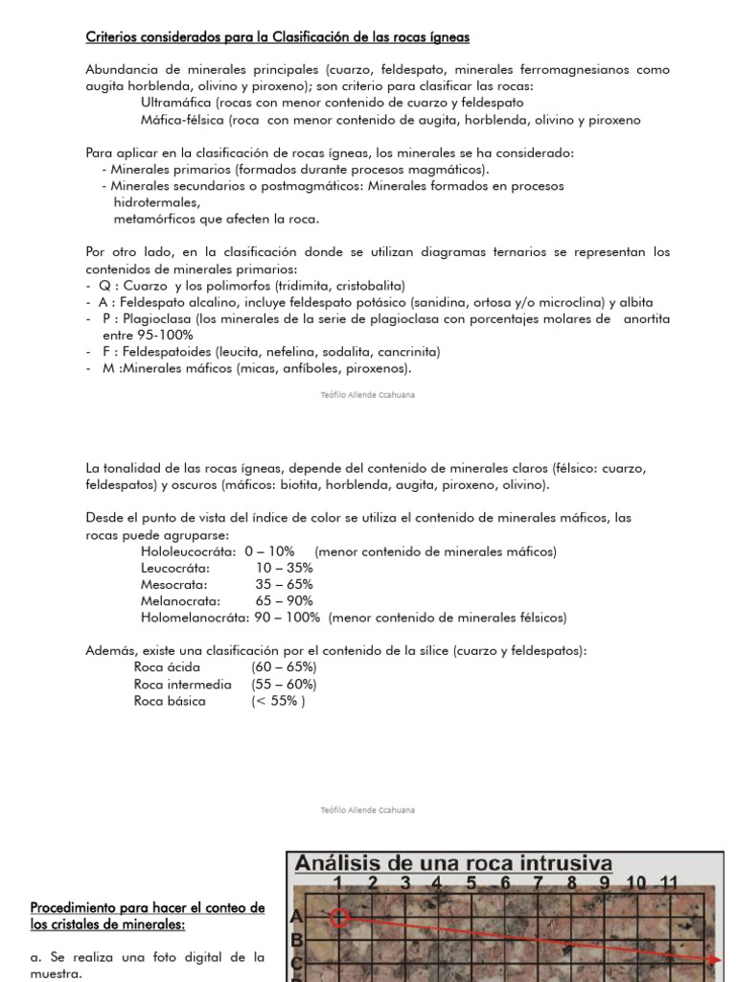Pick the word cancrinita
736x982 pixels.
point(414,352)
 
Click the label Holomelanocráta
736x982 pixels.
point(195,618)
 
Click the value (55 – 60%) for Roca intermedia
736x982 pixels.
point(284,684)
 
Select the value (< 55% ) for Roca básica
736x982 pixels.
point(279,701)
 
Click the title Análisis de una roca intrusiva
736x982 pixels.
point(453,863)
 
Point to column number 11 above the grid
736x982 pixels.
point(669,883)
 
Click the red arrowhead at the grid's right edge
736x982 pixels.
point(715,959)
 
